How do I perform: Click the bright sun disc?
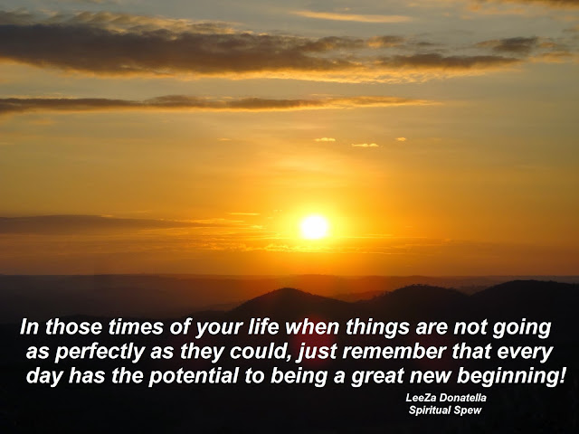coord(314,227)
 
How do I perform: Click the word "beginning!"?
coord(511,377)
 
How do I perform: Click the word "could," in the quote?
coord(259,352)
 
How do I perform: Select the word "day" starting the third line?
coord(44,377)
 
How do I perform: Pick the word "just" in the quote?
coord(317,353)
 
